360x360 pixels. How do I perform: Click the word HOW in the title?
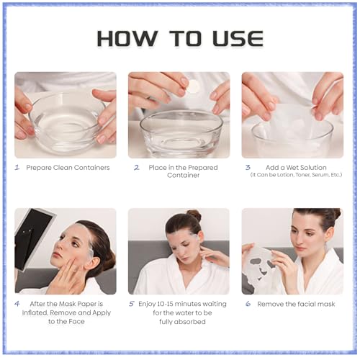click(x=127, y=38)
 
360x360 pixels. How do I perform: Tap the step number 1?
click(x=17, y=167)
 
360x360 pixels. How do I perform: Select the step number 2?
click(x=137, y=167)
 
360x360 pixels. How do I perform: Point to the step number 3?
click(x=248, y=167)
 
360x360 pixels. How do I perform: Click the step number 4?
click(x=17, y=304)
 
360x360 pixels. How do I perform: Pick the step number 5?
click(x=132, y=304)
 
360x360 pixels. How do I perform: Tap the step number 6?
click(x=248, y=304)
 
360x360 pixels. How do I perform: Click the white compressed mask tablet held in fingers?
click(x=193, y=86)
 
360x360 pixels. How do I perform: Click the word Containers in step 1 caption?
click(x=94, y=168)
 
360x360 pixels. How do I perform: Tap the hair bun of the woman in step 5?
click(x=194, y=215)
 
